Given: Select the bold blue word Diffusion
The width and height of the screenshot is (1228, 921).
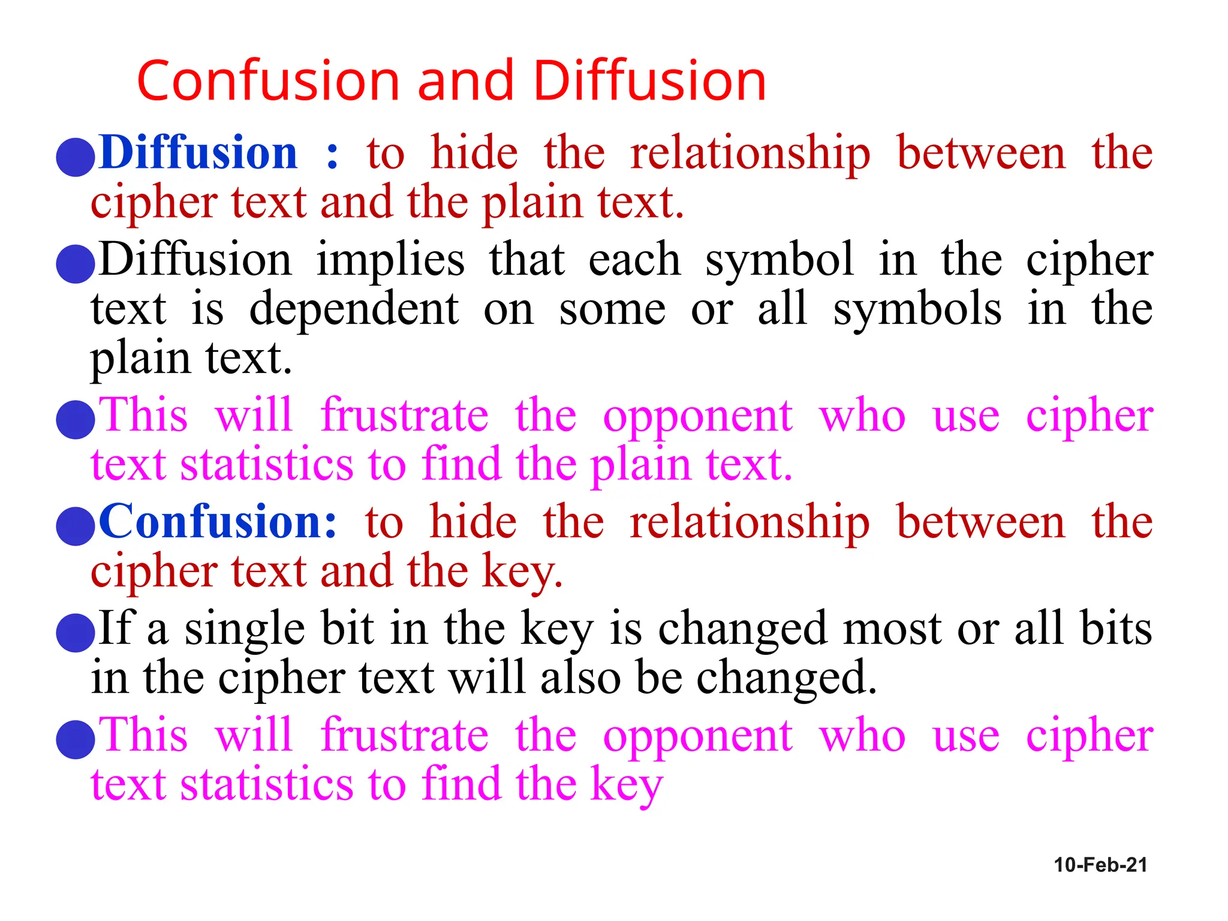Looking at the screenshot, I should [198, 153].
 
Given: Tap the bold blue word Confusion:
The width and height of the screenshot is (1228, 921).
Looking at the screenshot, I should [218, 522].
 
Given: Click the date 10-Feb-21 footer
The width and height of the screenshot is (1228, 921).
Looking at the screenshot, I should [1100, 865].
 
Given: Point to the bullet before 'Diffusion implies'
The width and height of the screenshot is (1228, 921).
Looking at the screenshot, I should [76, 264].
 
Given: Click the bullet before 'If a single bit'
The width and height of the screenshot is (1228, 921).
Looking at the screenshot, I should [76, 633].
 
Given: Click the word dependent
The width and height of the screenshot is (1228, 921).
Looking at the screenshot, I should [354, 309].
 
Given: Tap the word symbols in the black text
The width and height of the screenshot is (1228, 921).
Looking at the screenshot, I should [917, 309].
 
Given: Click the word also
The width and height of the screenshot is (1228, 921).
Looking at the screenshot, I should [580, 678].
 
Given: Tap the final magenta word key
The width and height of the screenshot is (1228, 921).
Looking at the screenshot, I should [626, 785].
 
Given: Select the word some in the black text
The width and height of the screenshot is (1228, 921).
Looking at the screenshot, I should [612, 309].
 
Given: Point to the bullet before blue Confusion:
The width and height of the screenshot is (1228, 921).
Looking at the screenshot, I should [76, 526].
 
